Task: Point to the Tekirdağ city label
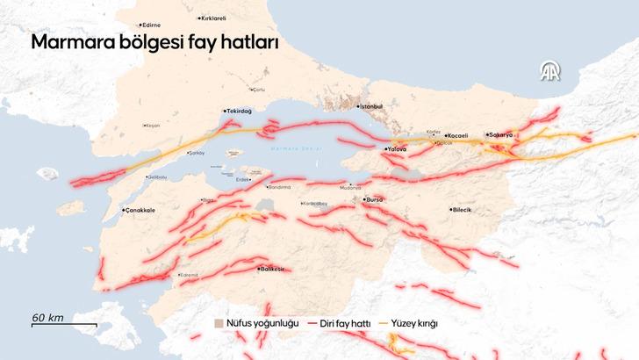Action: click(x=240, y=112)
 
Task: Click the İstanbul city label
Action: click(x=370, y=106)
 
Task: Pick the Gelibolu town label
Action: click(x=155, y=177)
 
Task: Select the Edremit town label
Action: click(x=188, y=276)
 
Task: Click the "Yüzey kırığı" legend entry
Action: click(x=413, y=323)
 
